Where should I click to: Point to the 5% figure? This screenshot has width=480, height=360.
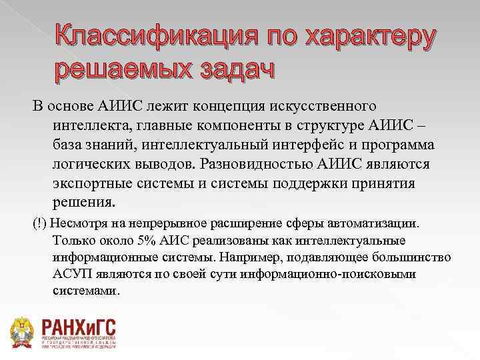click(145, 240)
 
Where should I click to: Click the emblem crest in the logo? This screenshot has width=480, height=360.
click(24, 330)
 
